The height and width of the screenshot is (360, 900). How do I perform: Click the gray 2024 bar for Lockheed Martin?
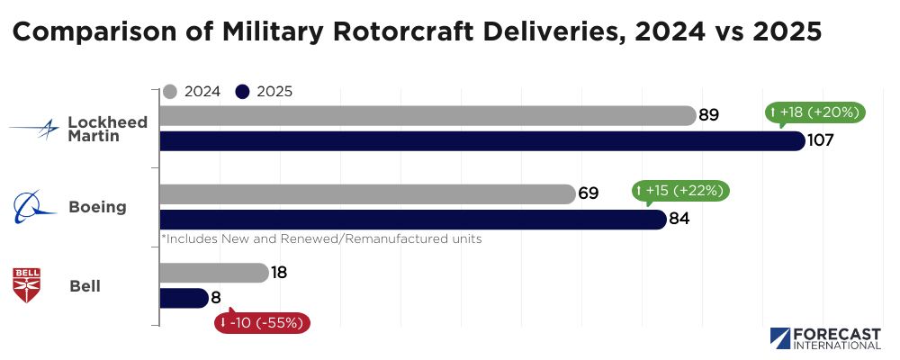coord(427,116)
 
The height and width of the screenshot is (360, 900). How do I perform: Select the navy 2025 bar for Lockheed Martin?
coord(481,141)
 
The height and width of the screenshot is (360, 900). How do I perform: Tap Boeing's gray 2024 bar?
coord(367,194)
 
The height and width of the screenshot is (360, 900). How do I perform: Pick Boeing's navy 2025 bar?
coord(412,220)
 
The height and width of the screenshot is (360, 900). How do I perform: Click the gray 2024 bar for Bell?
coord(213,273)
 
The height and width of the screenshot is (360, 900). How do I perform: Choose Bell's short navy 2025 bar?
coord(184,298)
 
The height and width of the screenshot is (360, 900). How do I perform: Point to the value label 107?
coord(821,141)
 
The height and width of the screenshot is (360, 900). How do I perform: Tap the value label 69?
coord(589,194)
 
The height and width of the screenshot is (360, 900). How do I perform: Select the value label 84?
coord(679,220)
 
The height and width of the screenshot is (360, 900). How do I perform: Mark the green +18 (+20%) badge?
coord(815,112)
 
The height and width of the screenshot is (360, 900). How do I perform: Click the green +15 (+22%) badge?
coord(680,191)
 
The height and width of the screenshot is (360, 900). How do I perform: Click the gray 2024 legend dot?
coord(170,91)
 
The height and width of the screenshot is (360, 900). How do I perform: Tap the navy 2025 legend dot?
coord(242,91)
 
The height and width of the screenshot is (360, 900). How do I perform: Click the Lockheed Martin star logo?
coord(36,130)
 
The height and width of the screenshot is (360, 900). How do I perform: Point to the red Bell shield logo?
coord(25,285)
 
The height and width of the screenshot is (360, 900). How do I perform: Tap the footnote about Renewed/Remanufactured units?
coord(321,239)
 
